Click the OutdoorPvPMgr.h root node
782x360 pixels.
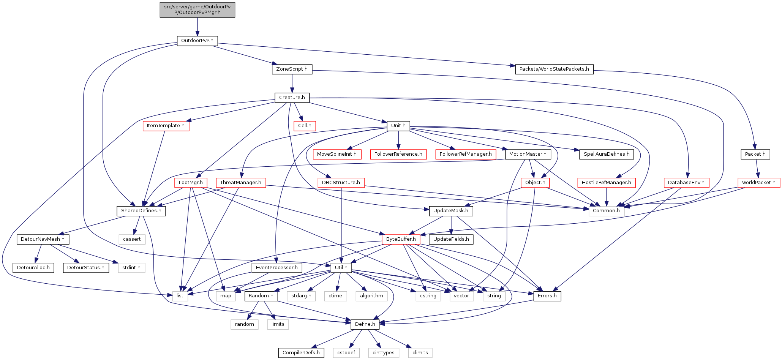[x=197, y=9]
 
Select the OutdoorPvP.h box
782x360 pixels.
[x=197, y=41]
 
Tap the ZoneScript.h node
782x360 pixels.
[x=292, y=69]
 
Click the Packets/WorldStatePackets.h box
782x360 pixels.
[x=554, y=69]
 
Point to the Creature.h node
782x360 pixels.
[x=292, y=98]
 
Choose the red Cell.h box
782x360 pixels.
[x=305, y=126]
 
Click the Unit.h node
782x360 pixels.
[x=398, y=126]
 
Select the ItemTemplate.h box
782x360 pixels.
[x=166, y=126]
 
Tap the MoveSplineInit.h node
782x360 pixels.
[x=336, y=154]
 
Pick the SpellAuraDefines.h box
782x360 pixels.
[x=606, y=154]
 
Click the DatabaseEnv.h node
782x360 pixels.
[x=686, y=183]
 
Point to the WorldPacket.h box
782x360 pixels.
[x=758, y=183]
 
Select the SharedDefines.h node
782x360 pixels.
[x=141, y=211]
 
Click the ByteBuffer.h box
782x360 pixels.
[x=401, y=239]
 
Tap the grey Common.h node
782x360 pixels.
[x=606, y=211]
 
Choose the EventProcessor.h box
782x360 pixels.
[x=276, y=268]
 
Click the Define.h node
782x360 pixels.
[x=365, y=324]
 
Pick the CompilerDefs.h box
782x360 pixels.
[x=301, y=353]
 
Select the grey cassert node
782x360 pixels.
[x=132, y=239]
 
